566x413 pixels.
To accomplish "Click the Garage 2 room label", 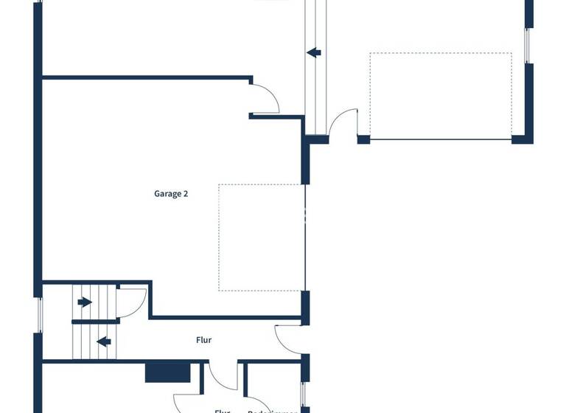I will click(171, 194).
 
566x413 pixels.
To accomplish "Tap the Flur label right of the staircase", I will click(204, 340).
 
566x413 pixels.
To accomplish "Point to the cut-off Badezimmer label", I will click(272, 410).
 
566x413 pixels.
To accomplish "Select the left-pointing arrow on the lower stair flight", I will click(104, 341).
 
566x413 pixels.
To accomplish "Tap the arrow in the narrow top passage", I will click(314, 52).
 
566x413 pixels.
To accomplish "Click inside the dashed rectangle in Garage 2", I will click(262, 237).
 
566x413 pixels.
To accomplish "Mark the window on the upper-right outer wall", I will click(528, 46).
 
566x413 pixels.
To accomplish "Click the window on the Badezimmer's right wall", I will click(303, 394).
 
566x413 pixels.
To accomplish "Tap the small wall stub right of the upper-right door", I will click(363, 139).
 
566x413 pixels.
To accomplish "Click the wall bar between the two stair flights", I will click(95, 322).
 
